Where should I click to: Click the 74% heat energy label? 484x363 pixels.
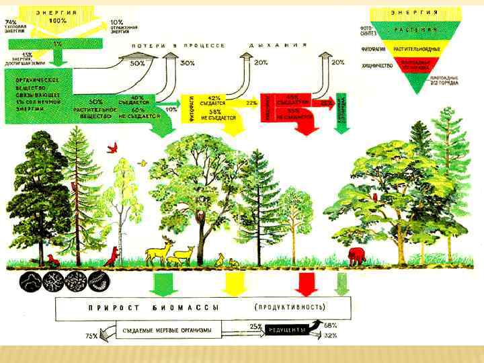pos(11,22)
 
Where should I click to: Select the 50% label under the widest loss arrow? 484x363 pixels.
pos(138,63)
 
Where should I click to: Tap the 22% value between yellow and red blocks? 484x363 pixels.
pos(252,103)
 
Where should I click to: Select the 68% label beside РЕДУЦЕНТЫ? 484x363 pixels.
pos(331,325)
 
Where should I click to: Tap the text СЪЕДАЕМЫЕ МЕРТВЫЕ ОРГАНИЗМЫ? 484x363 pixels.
pos(168,330)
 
